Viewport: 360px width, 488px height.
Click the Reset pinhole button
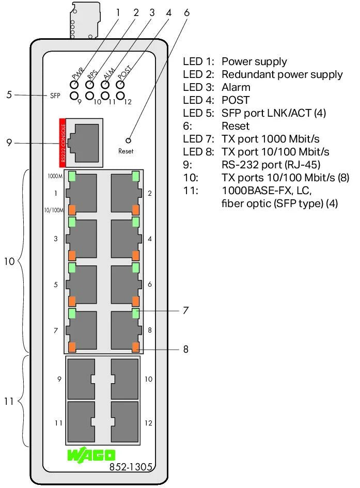(128, 140)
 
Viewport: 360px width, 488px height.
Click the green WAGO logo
(91, 455)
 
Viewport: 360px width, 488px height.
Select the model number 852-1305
(131, 466)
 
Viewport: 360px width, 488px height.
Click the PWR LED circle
(75, 84)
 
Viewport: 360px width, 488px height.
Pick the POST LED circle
(121, 84)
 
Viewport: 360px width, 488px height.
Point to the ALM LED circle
(105, 84)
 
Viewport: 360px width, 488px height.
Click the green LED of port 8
(135, 313)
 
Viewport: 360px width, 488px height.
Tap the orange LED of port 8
(136, 347)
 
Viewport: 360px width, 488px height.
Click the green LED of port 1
(72, 177)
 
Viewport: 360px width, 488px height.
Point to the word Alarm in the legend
(236, 87)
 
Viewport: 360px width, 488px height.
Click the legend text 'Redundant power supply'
(281, 74)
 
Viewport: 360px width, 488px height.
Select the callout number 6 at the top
(186, 12)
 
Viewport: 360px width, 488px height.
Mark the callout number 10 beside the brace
(9, 262)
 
